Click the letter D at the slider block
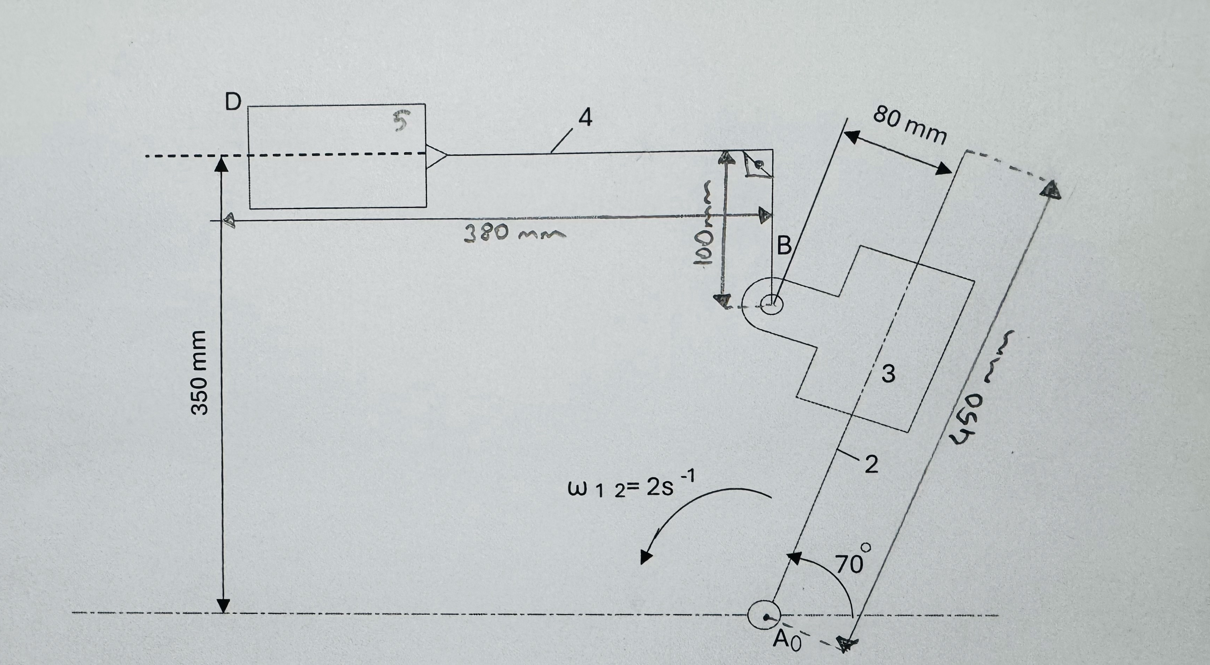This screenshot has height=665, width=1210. coord(233,101)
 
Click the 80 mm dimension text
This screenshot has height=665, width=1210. coord(909,125)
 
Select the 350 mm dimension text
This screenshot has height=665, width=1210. coord(199,373)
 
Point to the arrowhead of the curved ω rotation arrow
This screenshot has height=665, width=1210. coord(646,555)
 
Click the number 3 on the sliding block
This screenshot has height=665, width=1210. coord(888,374)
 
